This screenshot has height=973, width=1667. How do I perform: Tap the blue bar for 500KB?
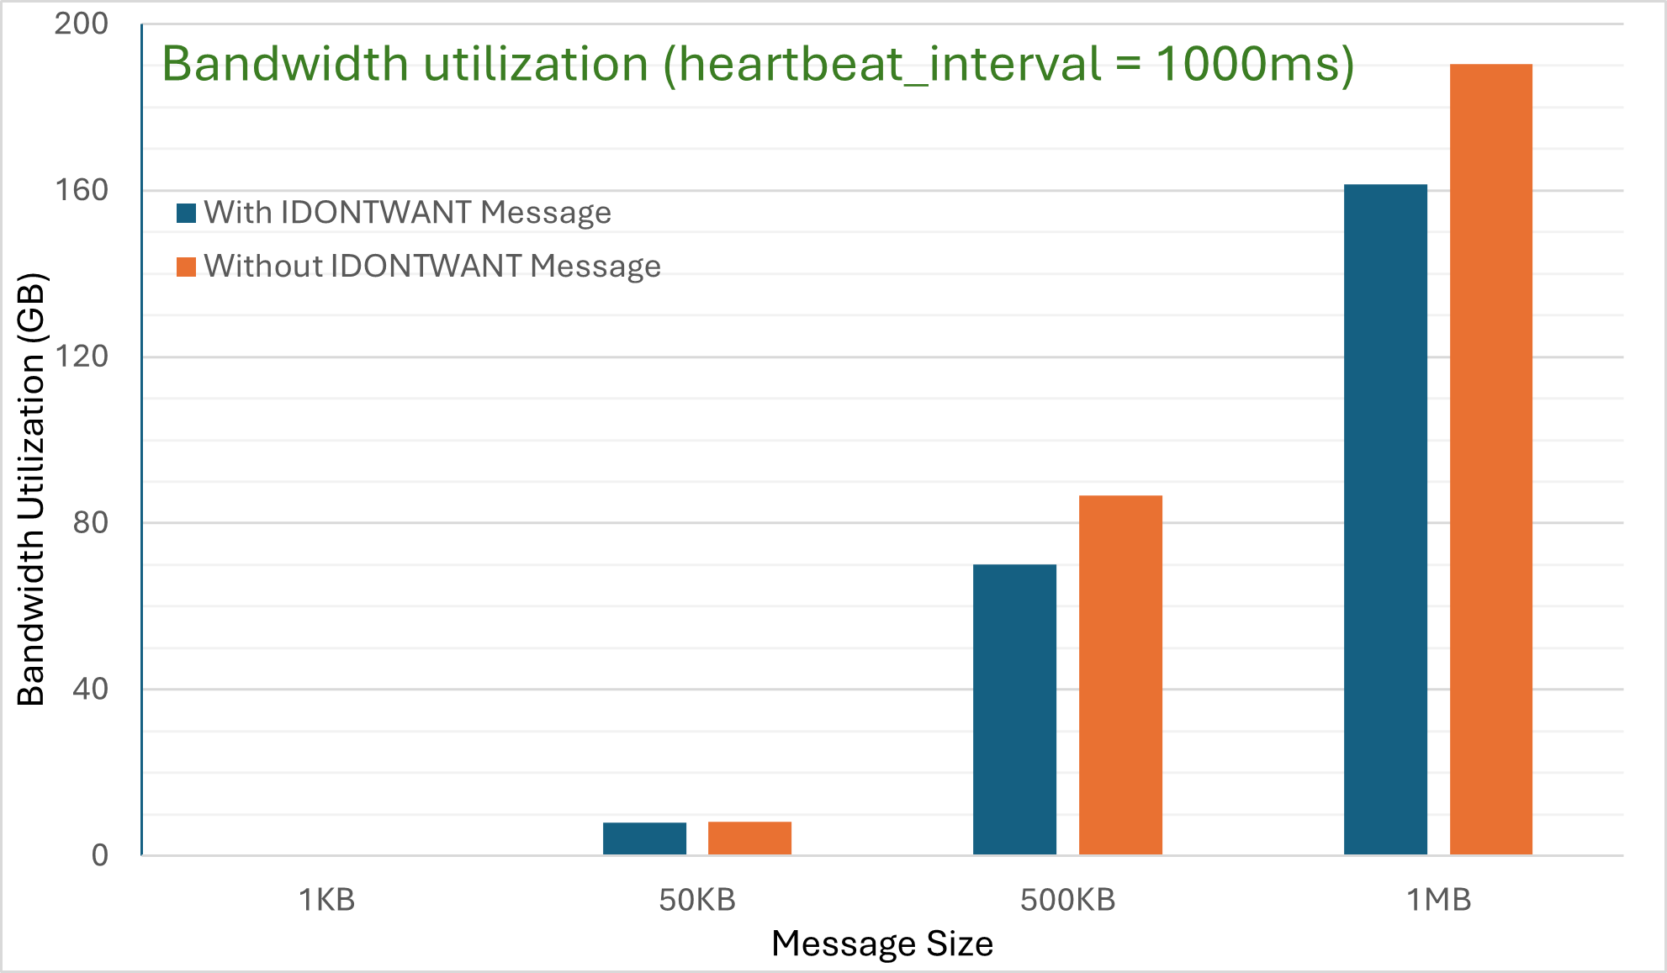(x=1014, y=710)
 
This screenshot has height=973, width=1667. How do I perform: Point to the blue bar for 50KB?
(x=644, y=838)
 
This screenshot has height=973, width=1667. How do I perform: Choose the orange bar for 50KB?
(x=749, y=838)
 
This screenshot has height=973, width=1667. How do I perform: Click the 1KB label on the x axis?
(x=327, y=901)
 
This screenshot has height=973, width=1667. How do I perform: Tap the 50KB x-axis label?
(x=697, y=901)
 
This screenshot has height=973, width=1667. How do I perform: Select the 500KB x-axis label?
(x=1067, y=901)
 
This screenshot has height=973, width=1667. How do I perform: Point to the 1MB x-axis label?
(x=1438, y=901)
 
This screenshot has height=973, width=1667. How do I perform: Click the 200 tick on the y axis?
(x=82, y=24)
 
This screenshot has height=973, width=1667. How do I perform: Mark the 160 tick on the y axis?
(x=82, y=190)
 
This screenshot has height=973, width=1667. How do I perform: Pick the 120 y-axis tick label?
(x=82, y=357)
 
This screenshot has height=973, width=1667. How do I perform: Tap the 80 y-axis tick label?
(x=91, y=523)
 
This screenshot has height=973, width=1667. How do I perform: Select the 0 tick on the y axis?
(x=100, y=856)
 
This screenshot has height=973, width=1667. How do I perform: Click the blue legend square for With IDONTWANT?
(x=186, y=213)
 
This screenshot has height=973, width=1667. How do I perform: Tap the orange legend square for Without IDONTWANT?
(x=186, y=267)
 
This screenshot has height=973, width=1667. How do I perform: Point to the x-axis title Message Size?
(x=882, y=944)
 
